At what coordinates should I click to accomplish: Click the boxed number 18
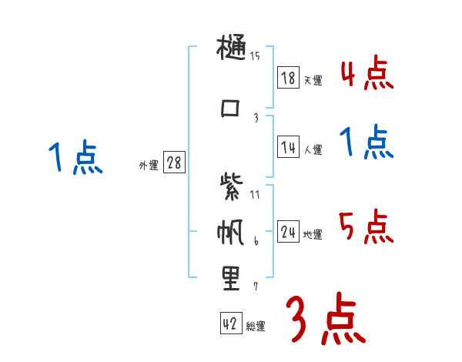pos(288,78)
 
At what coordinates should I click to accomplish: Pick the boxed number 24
pos(288,232)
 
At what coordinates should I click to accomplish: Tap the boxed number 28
pos(173,163)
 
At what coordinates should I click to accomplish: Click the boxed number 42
pos(230,324)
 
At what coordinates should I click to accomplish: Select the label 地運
pos(313,235)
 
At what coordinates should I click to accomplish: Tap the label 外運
pos(149,166)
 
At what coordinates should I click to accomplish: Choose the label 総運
pos(256,327)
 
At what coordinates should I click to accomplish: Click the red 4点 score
pos(367,75)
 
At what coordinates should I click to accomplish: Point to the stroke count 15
pos(255,55)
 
